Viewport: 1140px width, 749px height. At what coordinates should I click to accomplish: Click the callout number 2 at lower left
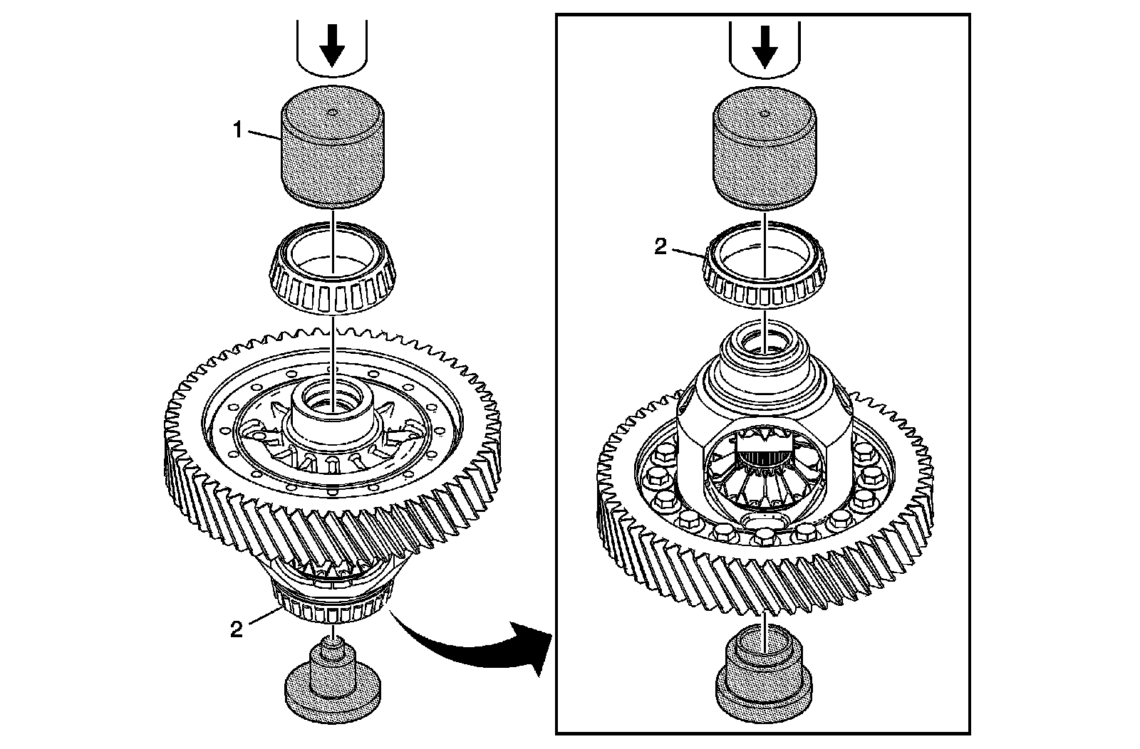click(236, 629)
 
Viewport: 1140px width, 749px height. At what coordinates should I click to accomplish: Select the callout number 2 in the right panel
click(660, 247)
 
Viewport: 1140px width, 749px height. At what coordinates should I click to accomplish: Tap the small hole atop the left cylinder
click(333, 111)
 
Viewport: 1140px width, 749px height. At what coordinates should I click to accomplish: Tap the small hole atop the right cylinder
click(765, 112)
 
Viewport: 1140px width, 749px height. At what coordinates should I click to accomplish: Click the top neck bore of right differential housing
click(763, 342)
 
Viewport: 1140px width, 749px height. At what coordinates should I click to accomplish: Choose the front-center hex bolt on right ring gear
click(763, 535)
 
